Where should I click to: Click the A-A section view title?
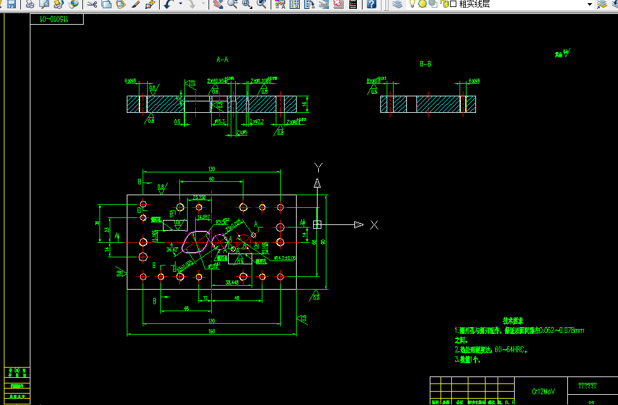[x=222, y=60]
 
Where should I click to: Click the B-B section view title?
[x=426, y=64]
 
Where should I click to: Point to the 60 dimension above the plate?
[x=211, y=179]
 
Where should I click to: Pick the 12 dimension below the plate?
[x=205, y=298]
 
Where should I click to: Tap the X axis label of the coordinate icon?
[x=375, y=224]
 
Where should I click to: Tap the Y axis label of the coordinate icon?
[x=319, y=167]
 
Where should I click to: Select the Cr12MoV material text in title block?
[x=543, y=392]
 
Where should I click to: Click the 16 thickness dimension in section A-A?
[x=304, y=104]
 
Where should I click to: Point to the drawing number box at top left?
[x=56, y=20]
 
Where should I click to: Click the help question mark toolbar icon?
[x=371, y=4]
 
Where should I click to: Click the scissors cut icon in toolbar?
[x=92, y=4]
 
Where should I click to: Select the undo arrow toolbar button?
[x=167, y=4]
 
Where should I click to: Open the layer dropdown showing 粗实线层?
[x=589, y=4]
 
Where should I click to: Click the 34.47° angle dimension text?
[x=172, y=250]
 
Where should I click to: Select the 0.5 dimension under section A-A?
[x=177, y=120]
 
